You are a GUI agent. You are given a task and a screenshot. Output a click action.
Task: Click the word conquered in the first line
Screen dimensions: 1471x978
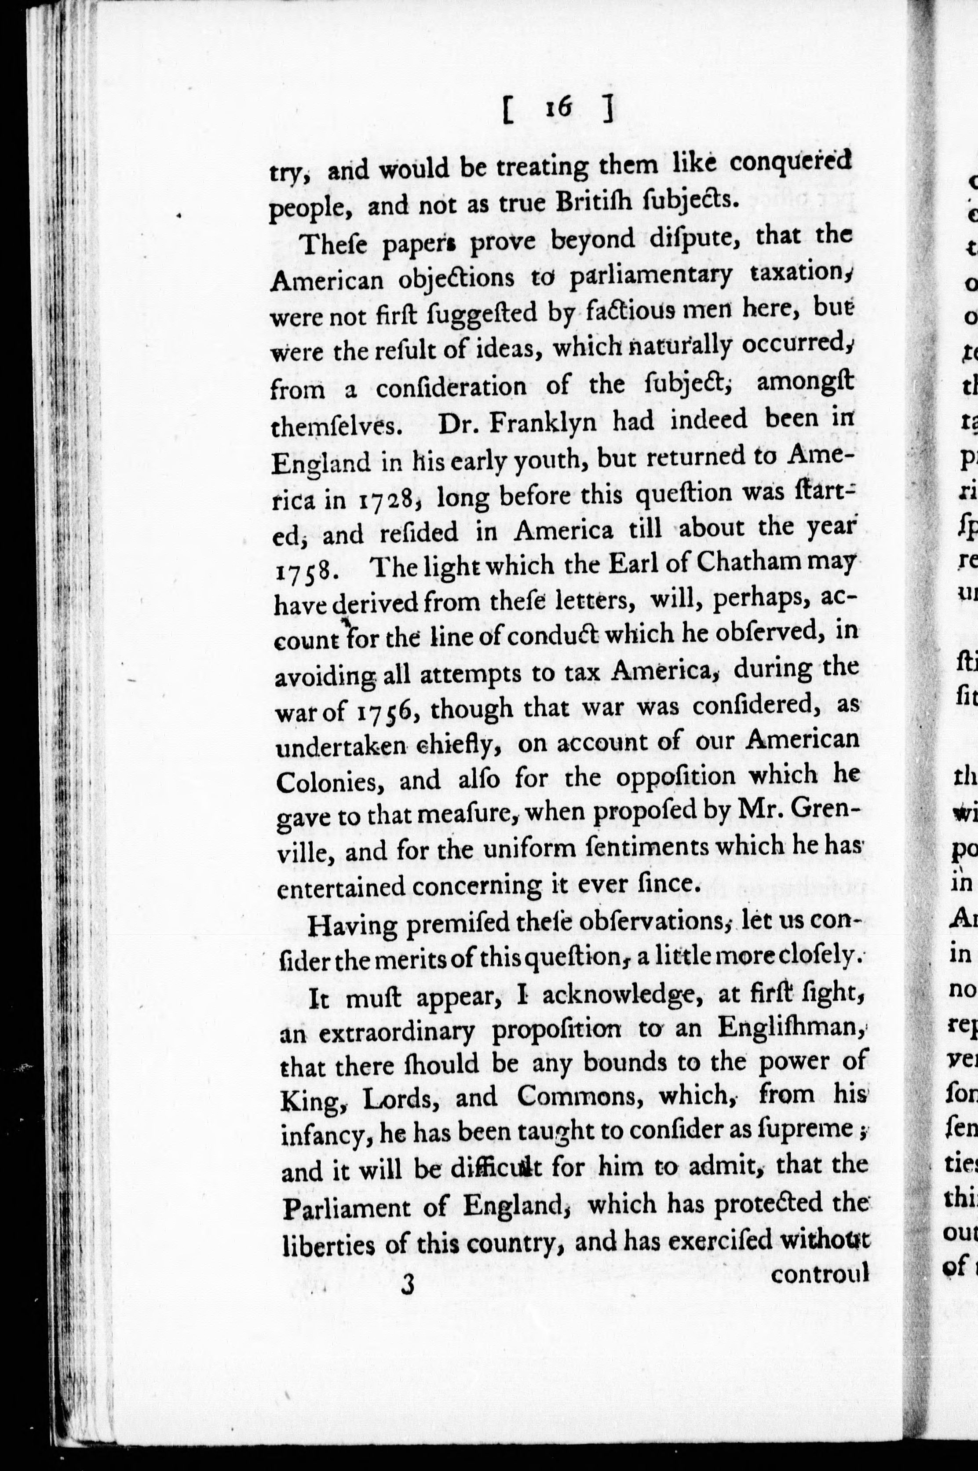790,164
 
